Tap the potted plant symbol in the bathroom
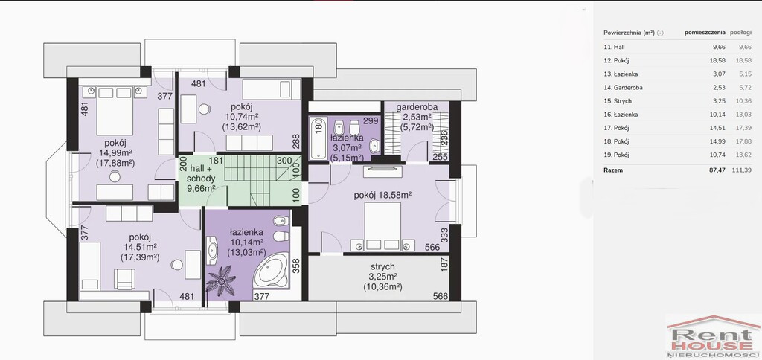click(x=221, y=281)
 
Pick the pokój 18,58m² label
click(x=383, y=195)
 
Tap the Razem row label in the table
click(x=613, y=170)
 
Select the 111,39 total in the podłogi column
click(x=742, y=170)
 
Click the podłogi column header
click(x=740, y=33)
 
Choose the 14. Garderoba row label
click(x=619, y=88)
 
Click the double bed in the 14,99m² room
click(x=115, y=112)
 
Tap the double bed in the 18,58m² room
click(x=383, y=227)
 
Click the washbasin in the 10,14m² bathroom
click(x=212, y=250)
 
